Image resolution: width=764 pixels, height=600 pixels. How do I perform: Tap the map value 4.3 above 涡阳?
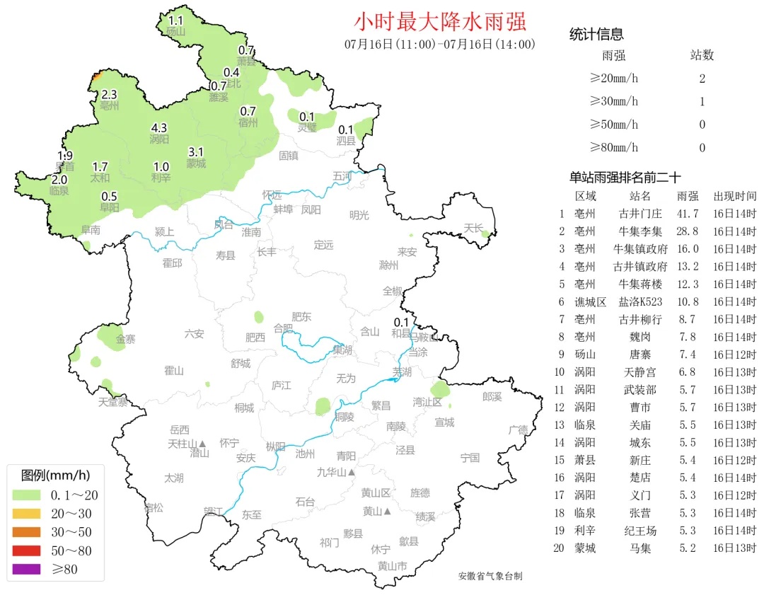pos(159,128)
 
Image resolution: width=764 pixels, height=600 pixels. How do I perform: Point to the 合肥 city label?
pos(283,328)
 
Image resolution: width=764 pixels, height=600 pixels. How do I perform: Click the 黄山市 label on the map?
pos(392,566)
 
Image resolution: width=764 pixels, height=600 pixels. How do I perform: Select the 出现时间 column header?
pos(734,196)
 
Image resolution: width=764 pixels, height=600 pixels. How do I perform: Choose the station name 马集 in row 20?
pos(640,548)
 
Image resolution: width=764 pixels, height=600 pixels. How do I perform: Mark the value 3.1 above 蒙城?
pos(196,152)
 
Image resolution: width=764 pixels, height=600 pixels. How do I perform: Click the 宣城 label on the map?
pos(445,422)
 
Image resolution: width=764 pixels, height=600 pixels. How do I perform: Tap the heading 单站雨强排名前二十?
pos(625,178)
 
